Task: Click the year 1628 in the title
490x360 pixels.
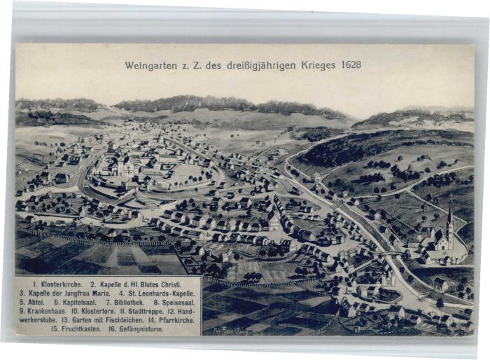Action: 351,64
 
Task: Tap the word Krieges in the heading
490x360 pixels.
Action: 319,64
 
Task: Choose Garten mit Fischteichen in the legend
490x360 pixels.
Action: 106,319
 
